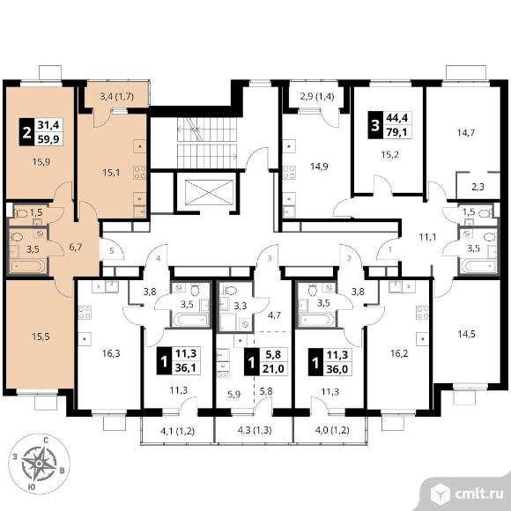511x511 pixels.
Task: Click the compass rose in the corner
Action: [x=39, y=463]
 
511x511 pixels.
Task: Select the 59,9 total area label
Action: [x=48, y=139]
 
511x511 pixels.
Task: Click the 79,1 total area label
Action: [x=397, y=132]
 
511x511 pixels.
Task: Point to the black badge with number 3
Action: [x=375, y=125]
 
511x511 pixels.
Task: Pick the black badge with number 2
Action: [x=26, y=132]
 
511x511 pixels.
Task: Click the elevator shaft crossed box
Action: [x=209, y=192]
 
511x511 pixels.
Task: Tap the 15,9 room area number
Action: [x=41, y=161]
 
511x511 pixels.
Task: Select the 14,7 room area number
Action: [x=466, y=133]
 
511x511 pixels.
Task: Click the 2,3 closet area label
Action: [x=478, y=187]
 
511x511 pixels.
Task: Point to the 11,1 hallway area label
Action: [x=427, y=237]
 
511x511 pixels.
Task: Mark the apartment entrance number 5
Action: [x=112, y=250]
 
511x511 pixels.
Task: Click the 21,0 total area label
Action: [x=273, y=368]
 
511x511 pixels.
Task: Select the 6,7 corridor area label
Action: [x=75, y=248]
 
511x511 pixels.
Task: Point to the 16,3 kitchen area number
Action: [x=111, y=353]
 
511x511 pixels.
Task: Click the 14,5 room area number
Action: [x=466, y=334]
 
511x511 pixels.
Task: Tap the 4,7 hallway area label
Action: [x=274, y=315]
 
